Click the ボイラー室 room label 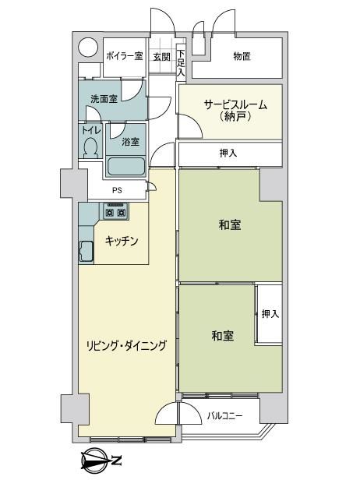click(x=125, y=56)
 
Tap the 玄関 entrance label click(x=161, y=57)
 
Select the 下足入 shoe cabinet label click(x=182, y=63)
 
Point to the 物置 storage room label click(x=242, y=56)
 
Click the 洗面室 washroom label click(x=104, y=98)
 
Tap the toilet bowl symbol click(x=90, y=147)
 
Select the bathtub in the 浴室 click(x=125, y=167)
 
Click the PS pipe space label click(x=117, y=190)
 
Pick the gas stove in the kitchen click(x=115, y=210)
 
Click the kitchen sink click(x=86, y=252)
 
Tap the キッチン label click(x=122, y=242)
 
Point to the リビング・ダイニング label click(x=126, y=346)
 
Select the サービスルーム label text click(x=235, y=105)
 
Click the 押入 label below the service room click(x=228, y=153)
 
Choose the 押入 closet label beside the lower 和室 click(x=270, y=314)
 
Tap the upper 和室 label click(x=230, y=225)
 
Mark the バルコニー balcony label click(x=225, y=416)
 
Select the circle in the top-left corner click(x=88, y=48)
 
